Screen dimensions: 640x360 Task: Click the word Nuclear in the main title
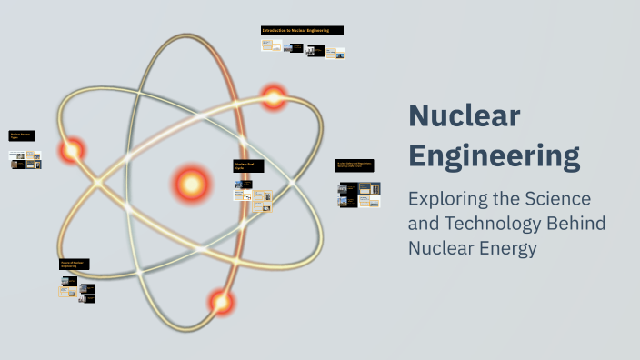[465, 116]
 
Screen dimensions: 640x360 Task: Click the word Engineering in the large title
[494, 155]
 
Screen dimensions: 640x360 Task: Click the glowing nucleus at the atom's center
[191, 185]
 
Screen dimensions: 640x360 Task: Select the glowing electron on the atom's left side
[72, 150]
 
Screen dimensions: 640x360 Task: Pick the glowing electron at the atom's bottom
[220, 300]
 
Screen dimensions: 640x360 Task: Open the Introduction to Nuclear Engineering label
[302, 30]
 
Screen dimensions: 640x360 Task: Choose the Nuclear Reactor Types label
[23, 137]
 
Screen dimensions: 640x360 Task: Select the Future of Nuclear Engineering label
[74, 264]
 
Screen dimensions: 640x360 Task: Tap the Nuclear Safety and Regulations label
[355, 165]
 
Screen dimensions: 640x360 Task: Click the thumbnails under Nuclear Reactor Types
[25, 160]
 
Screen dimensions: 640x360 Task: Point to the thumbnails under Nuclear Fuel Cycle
[252, 196]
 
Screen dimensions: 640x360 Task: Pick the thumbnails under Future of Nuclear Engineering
[77, 288]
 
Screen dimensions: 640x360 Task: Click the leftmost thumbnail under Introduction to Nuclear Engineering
[269, 45]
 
